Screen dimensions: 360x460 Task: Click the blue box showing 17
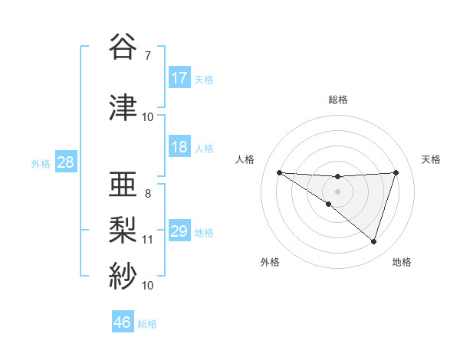pos(179,78)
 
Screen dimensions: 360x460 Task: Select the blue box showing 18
pos(179,147)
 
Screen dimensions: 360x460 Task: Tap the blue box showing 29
pos(179,231)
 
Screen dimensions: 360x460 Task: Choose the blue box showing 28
pos(65,162)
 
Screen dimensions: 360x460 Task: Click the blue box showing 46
pos(123,322)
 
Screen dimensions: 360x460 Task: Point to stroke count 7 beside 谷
pos(147,55)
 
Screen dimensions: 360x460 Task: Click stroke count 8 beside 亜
pos(147,193)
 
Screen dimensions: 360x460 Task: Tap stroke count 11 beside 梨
pos(147,239)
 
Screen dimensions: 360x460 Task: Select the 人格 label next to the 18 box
pos(204,148)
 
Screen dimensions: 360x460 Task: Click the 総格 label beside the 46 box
pos(147,323)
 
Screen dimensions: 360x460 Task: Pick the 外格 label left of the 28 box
pos(41,163)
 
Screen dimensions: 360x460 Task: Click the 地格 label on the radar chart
pos(402,263)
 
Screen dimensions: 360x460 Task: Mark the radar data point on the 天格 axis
pos(396,172)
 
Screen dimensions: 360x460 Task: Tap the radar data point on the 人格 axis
pos(279,172)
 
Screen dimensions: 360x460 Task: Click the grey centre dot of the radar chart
pos(337,191)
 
